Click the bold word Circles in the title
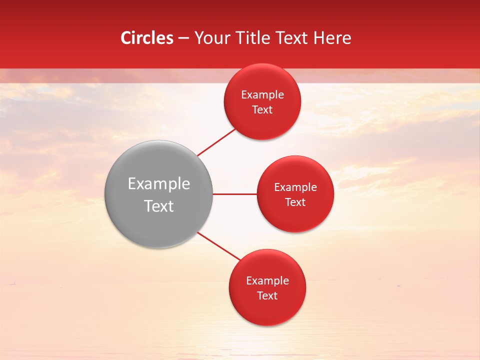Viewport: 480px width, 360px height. coord(146,38)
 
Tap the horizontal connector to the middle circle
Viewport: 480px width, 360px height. coord(234,194)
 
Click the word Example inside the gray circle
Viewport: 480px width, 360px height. coord(158,184)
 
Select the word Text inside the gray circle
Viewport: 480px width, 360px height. coord(158,206)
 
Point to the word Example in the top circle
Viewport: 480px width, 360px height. coord(262,95)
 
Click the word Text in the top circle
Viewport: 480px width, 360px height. coord(262,110)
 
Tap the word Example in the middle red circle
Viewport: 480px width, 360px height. coord(295,187)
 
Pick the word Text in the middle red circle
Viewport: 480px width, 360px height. coord(295,202)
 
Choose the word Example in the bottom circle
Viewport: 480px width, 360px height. coord(267,281)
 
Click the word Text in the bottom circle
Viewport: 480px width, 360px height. coord(267,296)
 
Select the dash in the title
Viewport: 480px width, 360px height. coord(183,38)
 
